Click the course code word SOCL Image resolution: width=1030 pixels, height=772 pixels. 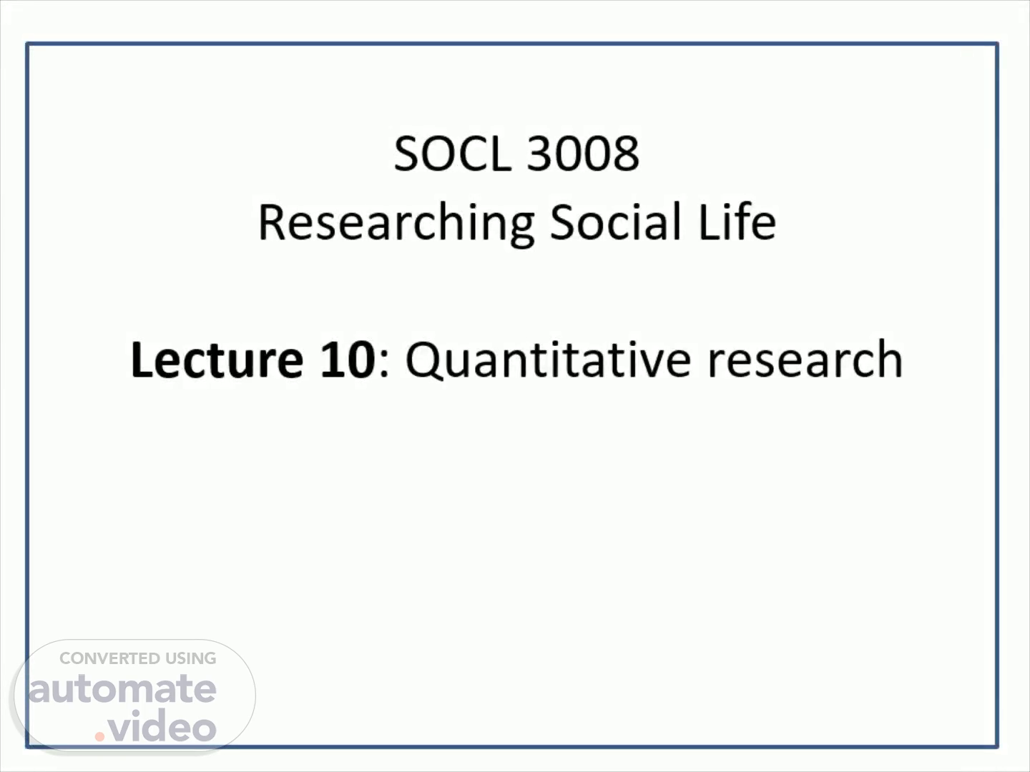click(452, 153)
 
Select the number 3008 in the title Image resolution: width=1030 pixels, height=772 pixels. click(583, 153)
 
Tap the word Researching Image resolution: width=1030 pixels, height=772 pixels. click(396, 224)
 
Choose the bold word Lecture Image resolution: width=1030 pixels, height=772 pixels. click(217, 360)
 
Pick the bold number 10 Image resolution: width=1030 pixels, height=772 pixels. click(348, 360)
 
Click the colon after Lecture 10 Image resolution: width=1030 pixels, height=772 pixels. click(384, 365)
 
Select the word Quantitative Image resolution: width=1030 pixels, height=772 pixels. click(548, 360)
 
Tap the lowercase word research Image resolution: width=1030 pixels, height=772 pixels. click(805, 360)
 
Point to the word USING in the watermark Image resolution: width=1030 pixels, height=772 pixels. click(190, 658)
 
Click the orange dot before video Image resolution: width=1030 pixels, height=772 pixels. click(99, 736)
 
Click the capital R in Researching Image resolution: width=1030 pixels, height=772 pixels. click(273, 222)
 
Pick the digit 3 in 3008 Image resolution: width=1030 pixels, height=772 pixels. click(539, 153)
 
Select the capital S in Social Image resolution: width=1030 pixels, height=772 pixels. click(563, 222)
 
